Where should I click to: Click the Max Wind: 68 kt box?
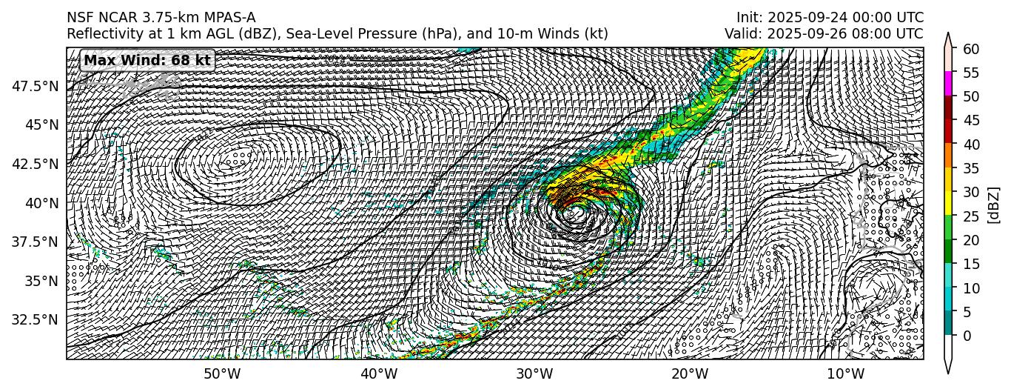pos(147,60)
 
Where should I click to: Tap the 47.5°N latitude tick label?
pos(36,86)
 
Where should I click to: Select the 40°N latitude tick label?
pos(41,203)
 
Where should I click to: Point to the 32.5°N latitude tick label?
pos(36,319)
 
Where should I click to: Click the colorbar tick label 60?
pos(970,49)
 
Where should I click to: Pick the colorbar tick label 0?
pos(967,336)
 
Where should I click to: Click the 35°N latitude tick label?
pos(41,281)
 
